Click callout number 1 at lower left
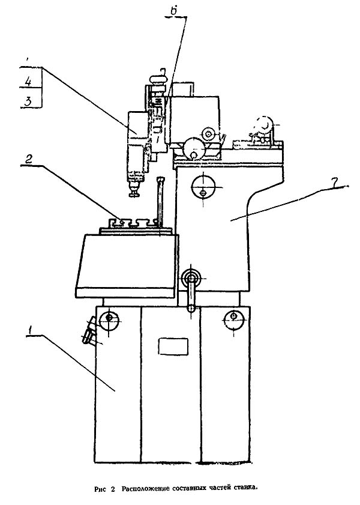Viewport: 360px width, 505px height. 30,330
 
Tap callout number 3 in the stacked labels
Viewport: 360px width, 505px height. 28,101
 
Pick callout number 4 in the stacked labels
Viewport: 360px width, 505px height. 28,81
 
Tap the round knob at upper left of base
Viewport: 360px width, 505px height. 109,321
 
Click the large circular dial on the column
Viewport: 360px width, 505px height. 203,187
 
